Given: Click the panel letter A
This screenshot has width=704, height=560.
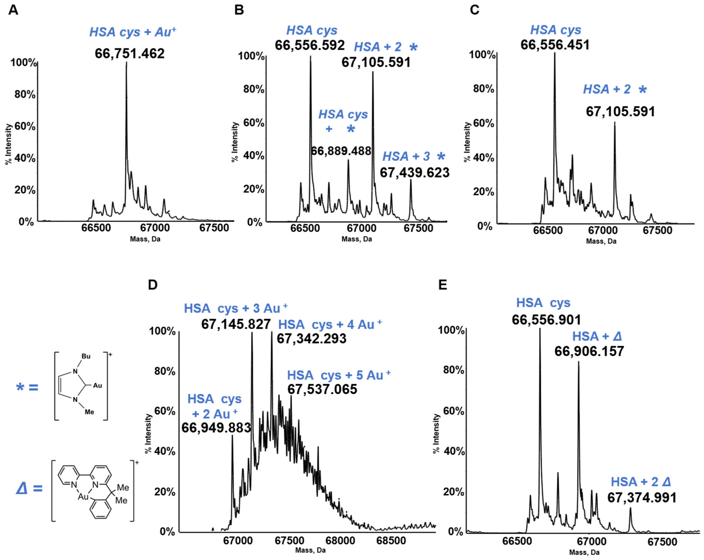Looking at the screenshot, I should coord(13,10).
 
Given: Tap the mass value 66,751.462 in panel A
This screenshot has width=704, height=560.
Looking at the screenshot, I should coord(130,53).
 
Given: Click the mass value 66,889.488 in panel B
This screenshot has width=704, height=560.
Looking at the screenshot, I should coord(341,151).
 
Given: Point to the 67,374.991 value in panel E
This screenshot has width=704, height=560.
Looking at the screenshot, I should coord(642,498).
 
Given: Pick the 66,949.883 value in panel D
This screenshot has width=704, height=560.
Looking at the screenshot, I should coord(216,427).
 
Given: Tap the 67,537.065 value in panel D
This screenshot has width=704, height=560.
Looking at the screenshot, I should coord(322,389).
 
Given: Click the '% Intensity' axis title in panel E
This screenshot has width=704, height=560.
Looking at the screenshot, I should coord(436,433).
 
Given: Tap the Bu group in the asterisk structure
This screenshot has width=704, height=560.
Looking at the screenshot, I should coord(86,356).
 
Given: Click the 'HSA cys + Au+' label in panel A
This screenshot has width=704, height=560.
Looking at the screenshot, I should coord(133,32).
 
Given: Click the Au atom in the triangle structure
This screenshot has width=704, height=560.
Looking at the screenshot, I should coord(83,497).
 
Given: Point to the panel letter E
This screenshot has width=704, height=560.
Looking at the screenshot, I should coord(442,285).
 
